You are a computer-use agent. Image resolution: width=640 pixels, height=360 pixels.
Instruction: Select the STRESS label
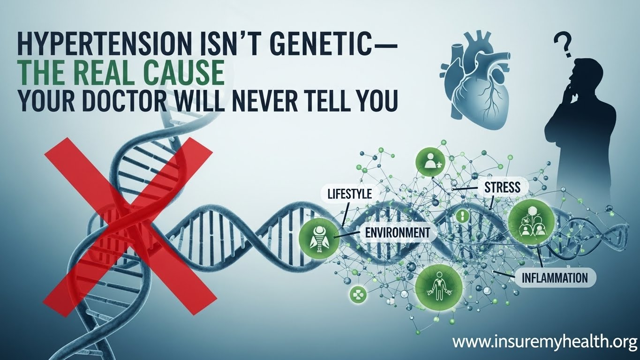click(501, 187)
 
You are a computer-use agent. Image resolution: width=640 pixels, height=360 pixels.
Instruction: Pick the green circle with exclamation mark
click(462, 216)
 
